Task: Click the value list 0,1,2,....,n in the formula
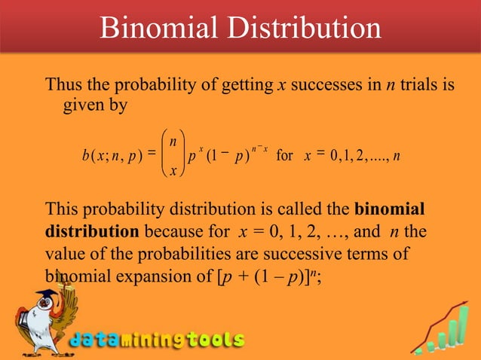[x=369, y=157]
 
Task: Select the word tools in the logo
[x=215, y=340]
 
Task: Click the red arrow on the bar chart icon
[x=445, y=301]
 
